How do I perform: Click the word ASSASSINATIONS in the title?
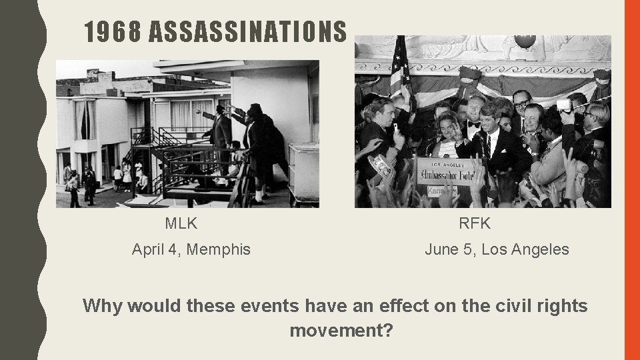[248, 31]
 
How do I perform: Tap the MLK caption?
[181, 223]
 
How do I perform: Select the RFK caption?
[474, 223]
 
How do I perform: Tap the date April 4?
[157, 250]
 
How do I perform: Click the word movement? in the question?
[341, 330]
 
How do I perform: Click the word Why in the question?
[103, 306]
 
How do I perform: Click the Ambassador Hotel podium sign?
[445, 171]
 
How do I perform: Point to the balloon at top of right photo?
[525, 41]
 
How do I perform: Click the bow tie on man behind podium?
[474, 124]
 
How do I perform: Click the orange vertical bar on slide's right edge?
[631, 180]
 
